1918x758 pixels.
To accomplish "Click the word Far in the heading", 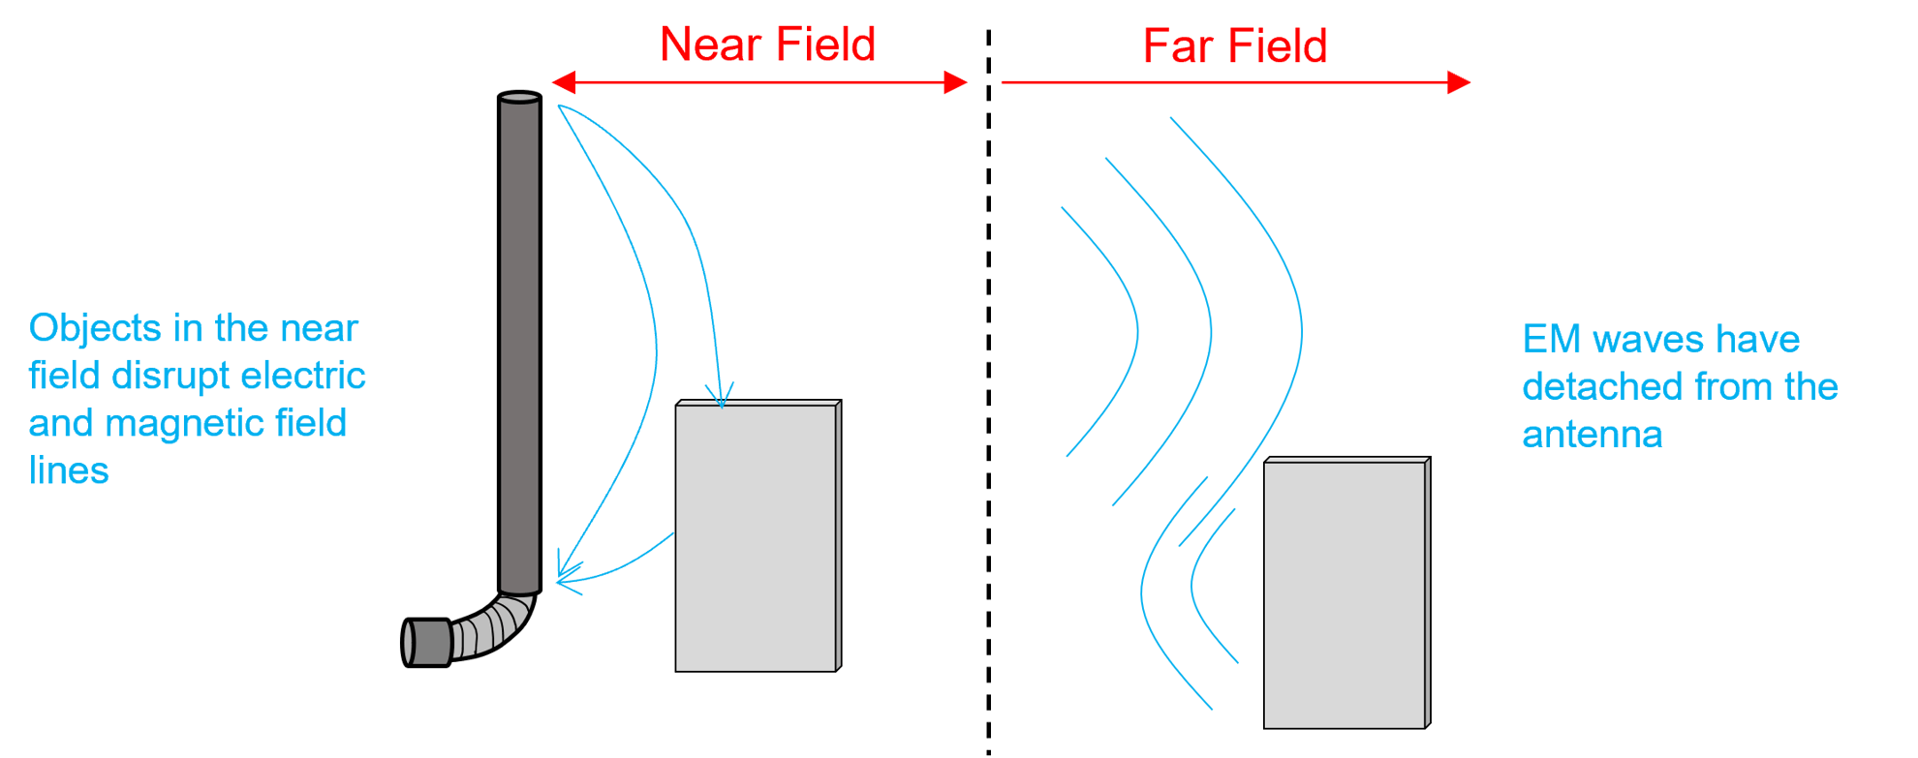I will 1178,46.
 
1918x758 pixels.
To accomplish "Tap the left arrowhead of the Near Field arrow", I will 562,82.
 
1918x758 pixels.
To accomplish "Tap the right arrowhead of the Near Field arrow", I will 957,82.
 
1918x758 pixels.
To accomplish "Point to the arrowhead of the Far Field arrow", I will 1460,82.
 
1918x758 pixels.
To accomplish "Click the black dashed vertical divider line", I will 989,387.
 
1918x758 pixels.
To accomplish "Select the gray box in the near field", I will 757,537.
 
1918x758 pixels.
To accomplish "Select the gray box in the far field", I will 1345,594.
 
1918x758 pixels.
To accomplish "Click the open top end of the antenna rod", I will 519,97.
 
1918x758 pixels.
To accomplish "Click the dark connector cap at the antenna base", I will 426,642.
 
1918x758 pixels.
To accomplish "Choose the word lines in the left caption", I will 69,471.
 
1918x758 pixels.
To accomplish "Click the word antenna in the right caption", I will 1592,436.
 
